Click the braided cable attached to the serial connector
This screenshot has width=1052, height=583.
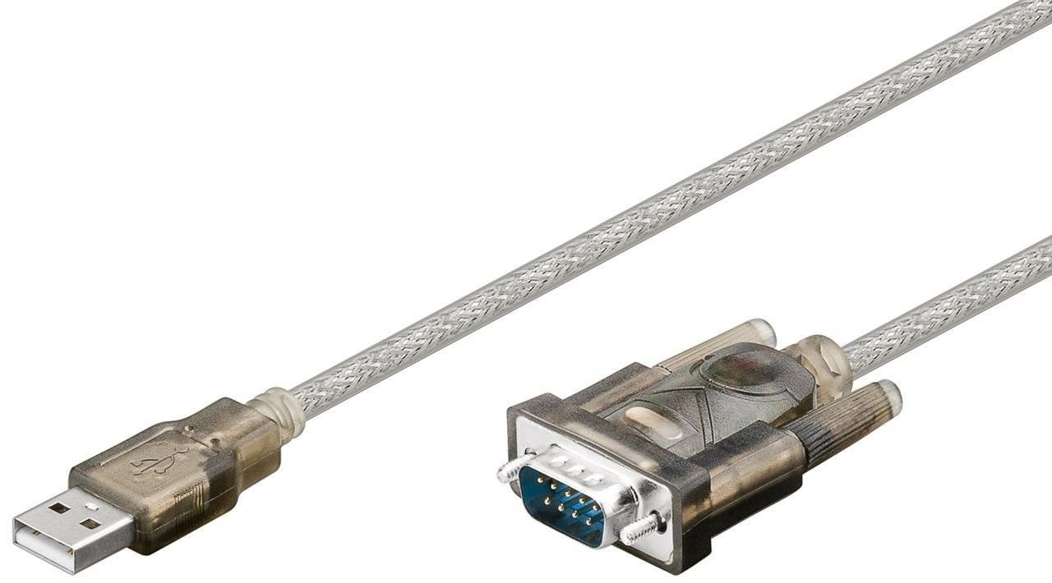(945, 304)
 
